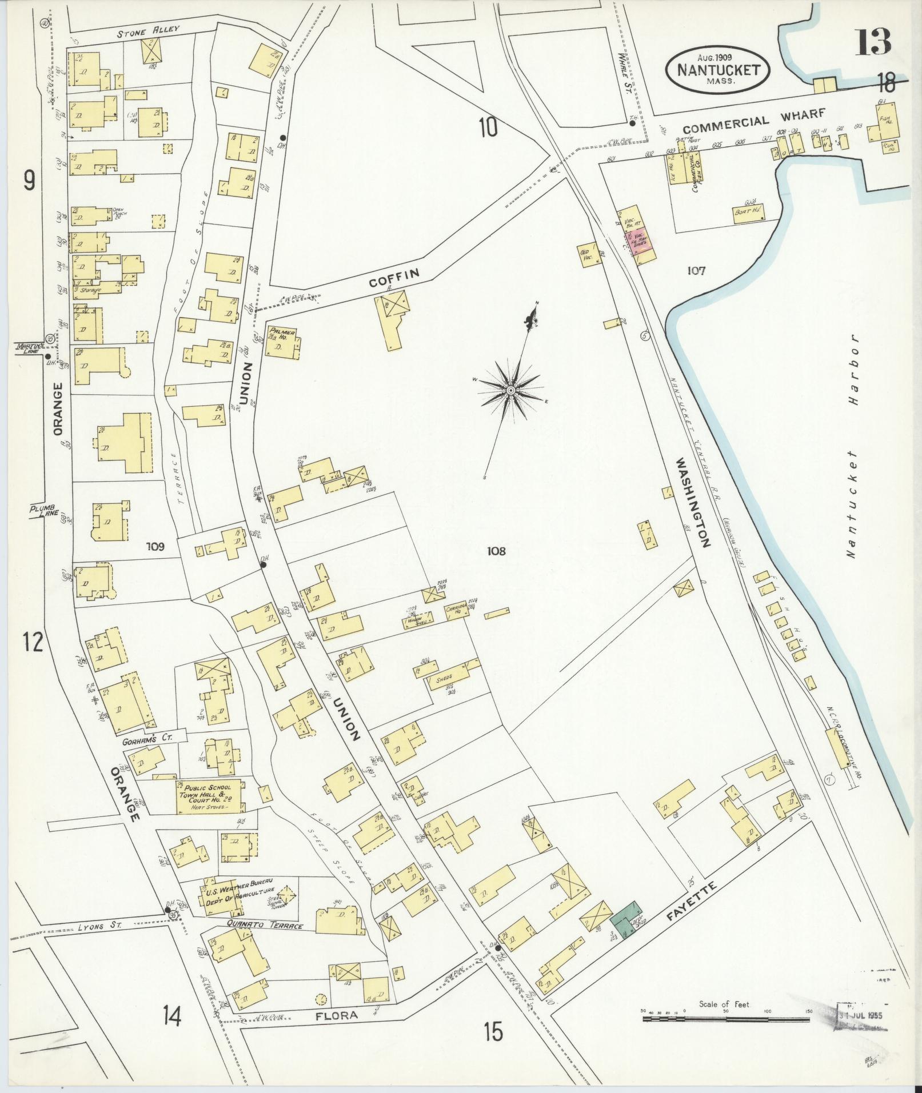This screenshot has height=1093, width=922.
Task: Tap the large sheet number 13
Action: coord(873,41)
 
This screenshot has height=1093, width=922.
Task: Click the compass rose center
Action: coord(510,390)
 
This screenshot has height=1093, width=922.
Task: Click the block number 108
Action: coord(496,551)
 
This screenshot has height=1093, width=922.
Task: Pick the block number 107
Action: coord(696,270)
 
